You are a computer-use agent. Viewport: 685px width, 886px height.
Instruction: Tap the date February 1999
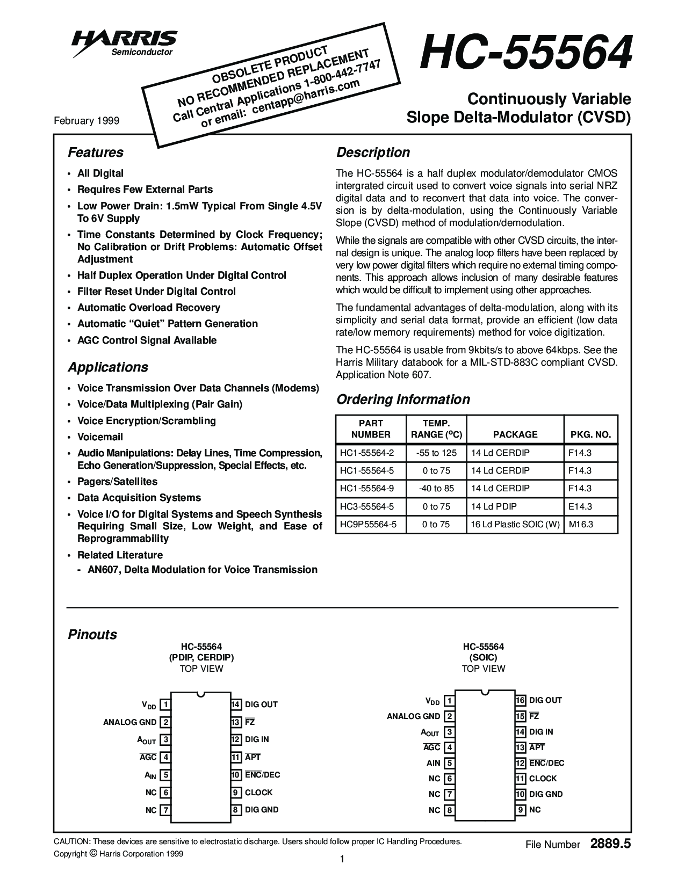click(86, 121)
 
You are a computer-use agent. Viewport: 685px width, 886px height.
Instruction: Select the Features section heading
click(96, 152)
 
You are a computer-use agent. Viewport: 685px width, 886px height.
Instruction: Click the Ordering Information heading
click(402, 400)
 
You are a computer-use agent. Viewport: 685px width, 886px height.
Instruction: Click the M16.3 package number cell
click(581, 524)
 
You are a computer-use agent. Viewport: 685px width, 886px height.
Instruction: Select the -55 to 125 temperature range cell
click(436, 453)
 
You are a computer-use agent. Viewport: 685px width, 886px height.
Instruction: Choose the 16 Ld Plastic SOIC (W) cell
click(515, 524)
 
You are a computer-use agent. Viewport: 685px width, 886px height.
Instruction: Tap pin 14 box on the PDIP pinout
click(236, 705)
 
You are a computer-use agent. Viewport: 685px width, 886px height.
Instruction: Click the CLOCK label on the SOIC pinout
click(543, 779)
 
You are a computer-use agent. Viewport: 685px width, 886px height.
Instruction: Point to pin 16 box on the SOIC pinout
click(520, 700)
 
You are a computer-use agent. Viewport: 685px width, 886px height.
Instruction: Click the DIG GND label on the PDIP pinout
click(262, 810)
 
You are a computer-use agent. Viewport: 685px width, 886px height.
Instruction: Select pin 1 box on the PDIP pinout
click(167, 705)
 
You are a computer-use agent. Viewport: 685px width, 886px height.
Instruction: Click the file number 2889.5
click(610, 844)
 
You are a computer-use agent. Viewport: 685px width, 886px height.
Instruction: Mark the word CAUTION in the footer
click(72, 841)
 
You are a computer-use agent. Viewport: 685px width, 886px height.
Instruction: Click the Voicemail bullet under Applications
click(100, 437)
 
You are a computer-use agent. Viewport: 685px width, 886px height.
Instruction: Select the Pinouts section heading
click(92, 635)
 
